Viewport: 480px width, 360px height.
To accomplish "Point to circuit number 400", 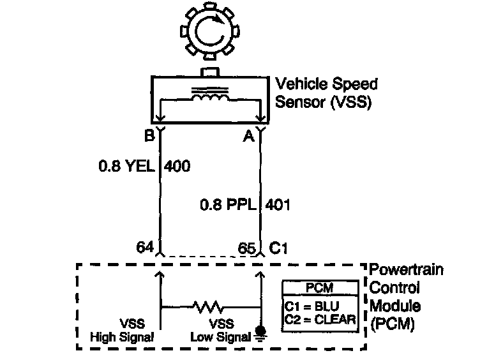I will tap(177, 167).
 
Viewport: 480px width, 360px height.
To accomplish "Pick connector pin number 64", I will tap(146, 246).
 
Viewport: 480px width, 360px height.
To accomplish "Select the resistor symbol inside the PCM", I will tap(210, 307).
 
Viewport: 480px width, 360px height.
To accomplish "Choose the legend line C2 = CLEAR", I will tap(319, 319).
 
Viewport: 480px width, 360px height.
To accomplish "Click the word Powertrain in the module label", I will tap(407, 270).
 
